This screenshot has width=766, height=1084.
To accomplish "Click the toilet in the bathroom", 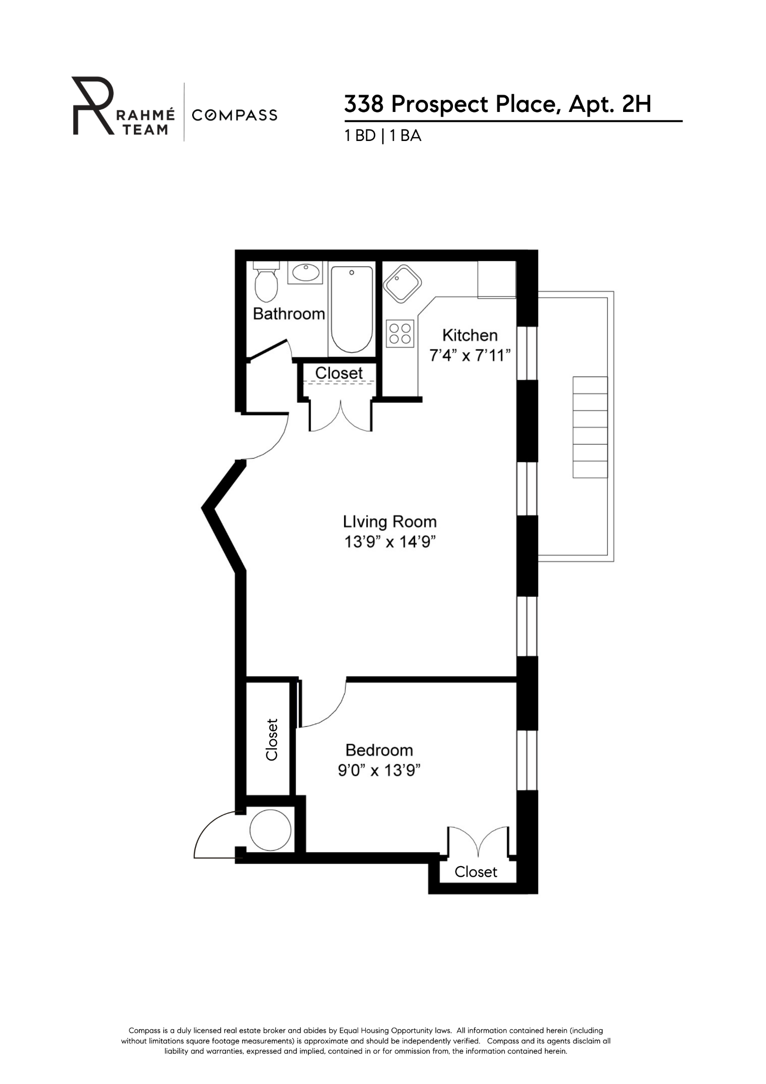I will [266, 284].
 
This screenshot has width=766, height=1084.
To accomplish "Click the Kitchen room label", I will [470, 335].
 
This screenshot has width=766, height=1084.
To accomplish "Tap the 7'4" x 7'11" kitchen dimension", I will [470, 356].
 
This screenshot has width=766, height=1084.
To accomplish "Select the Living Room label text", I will [390, 522].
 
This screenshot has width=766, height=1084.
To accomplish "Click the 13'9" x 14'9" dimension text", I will [387, 543].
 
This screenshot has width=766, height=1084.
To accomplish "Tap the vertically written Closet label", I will [271, 740].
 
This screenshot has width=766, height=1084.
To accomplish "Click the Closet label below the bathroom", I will [339, 373].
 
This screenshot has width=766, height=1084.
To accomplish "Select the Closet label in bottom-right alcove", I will [476, 872].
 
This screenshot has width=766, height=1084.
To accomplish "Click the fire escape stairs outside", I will [590, 427].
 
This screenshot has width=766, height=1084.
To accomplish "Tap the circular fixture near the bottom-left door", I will [270, 830].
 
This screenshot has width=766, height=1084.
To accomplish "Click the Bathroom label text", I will [288, 314].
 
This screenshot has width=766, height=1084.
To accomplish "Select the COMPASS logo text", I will [234, 115].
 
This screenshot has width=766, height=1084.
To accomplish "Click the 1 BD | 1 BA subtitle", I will [382, 136].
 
